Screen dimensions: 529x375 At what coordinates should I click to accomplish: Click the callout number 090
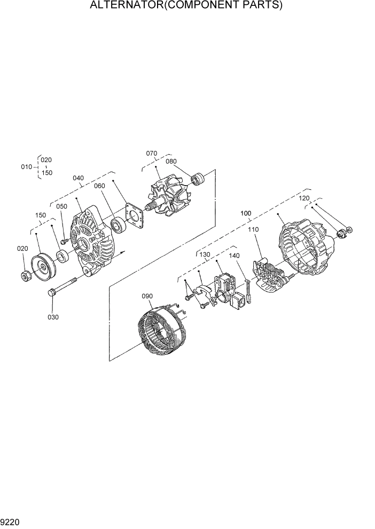147,296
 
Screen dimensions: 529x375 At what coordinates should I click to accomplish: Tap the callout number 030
53,317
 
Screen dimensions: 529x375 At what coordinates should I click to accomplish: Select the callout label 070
152,154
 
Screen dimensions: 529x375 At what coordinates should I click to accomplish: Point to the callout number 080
170,161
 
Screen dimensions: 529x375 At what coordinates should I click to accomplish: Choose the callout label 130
205,255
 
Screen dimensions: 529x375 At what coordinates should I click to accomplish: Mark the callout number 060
100,186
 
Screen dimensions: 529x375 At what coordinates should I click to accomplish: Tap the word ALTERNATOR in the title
123,6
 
